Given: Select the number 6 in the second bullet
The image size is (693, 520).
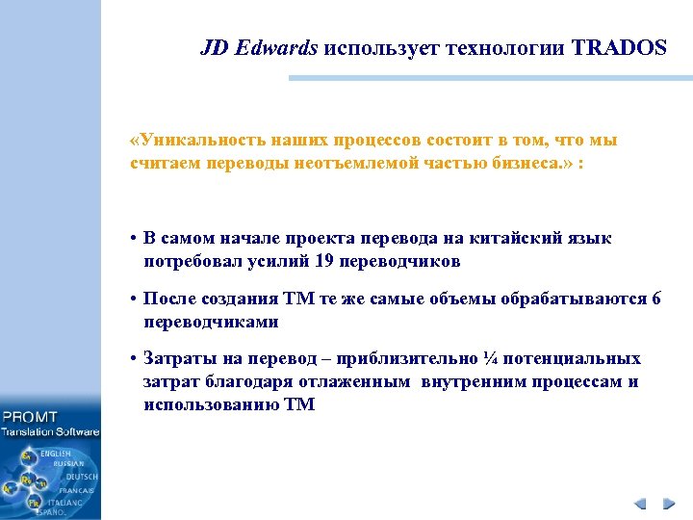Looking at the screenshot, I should pos(656,299).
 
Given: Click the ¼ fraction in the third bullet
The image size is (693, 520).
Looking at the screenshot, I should pos(492,359).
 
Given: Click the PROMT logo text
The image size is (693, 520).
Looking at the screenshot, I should pos(31,417).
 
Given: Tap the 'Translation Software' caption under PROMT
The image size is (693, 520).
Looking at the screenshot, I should pos(50,431).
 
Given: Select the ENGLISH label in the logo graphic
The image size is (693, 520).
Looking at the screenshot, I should pos(55,453).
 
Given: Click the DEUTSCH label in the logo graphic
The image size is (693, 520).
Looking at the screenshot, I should pos(81,477).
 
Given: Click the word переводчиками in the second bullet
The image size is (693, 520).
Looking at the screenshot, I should pos(211,322).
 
